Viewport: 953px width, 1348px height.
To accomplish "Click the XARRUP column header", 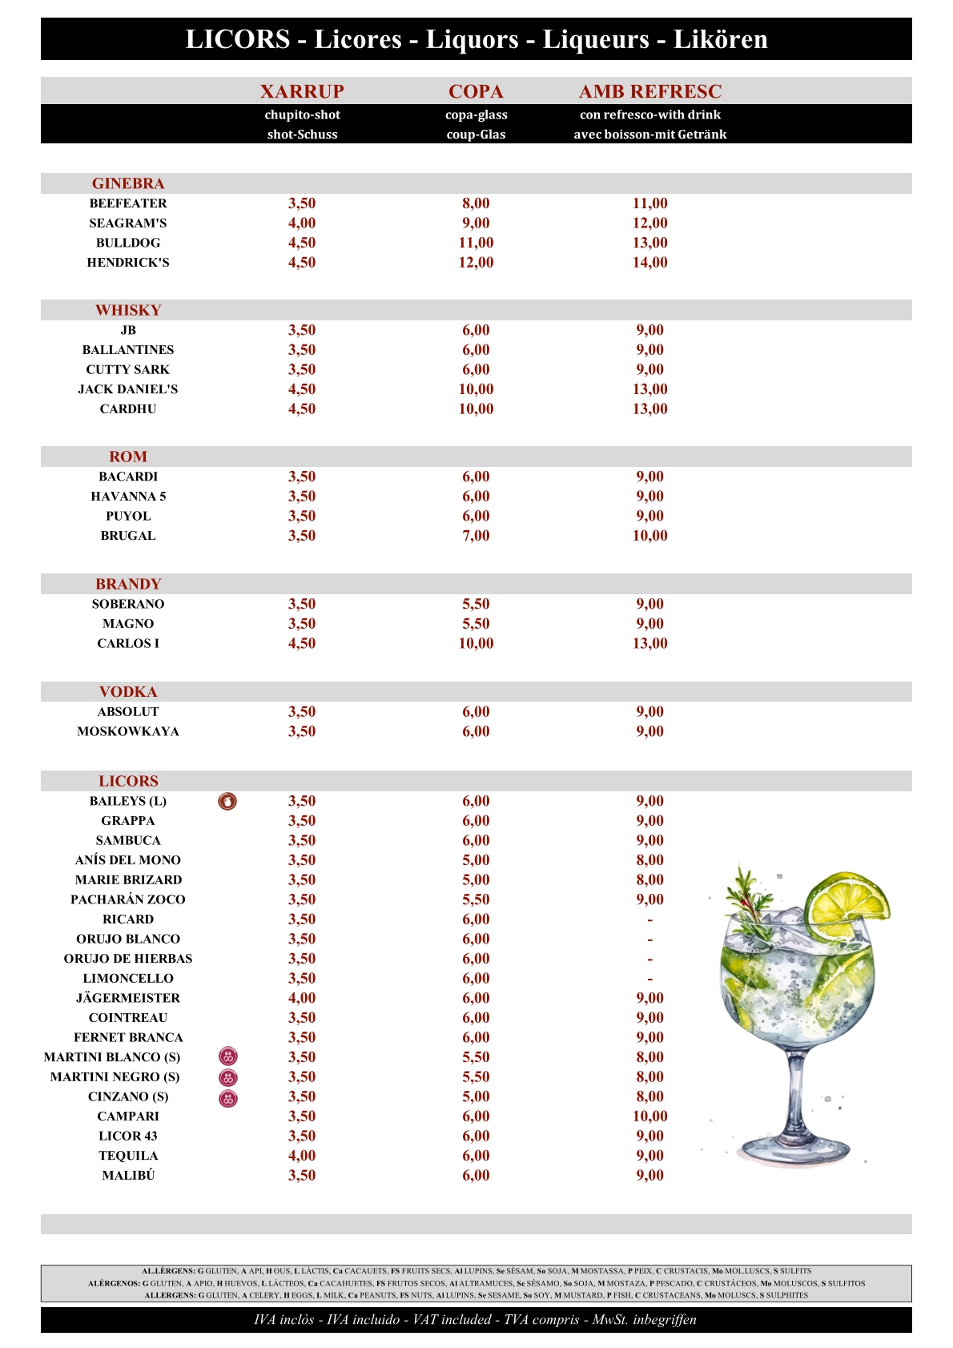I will pos(302,91).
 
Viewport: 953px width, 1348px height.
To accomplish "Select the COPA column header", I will pos(476,91).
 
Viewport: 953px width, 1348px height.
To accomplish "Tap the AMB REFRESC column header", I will pos(649,91).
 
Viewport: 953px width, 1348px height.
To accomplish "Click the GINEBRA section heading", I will pos(128,183).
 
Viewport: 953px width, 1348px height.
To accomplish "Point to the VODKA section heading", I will pos(128,692).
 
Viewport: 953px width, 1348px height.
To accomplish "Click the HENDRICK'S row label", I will pos(128,263).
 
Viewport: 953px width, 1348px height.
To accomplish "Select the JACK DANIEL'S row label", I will pos(128,389).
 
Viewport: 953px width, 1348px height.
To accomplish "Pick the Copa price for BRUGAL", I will pos(476,536).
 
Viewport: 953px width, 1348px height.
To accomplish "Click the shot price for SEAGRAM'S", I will pos(302,223).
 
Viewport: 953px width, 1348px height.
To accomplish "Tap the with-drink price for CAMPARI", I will pos(649,1117).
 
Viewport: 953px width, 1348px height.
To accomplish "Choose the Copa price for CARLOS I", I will pos(476,644).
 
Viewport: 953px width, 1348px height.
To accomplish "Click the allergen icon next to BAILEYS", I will pos(228,801).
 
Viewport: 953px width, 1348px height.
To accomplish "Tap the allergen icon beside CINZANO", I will pos(228,1097).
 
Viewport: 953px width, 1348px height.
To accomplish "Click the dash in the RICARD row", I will pos(649,920).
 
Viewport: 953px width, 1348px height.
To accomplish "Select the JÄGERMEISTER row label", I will pos(128,998).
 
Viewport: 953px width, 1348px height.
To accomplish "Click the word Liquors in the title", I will pos(472,39).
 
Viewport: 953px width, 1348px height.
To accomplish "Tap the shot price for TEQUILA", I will pos(302,1156).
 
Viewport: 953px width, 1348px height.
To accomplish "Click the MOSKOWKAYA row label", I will pos(128,731).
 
